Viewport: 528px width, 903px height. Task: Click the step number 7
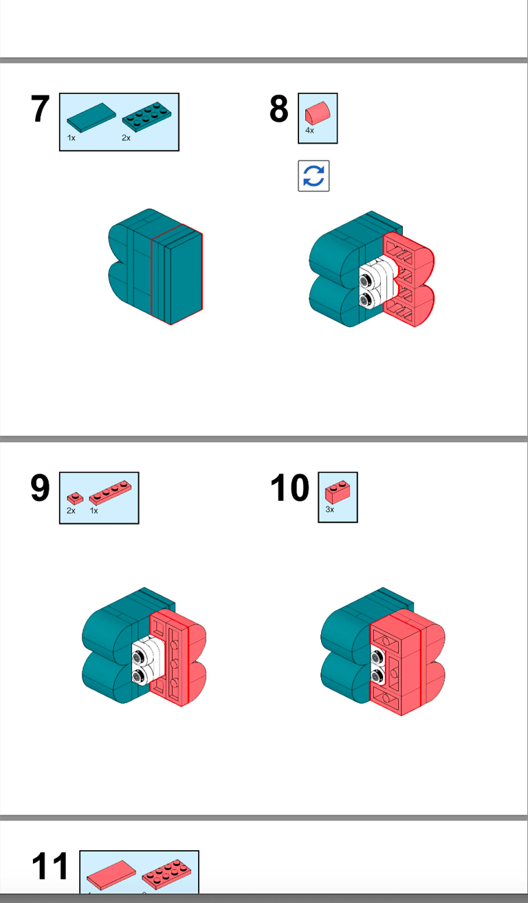coord(41,110)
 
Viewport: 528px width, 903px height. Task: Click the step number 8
coord(278,110)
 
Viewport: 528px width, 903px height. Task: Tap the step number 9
coord(41,489)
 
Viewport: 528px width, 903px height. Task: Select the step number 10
coord(289,489)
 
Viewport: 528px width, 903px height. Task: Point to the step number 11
coord(50,867)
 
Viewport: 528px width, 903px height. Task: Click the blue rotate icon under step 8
coord(313,176)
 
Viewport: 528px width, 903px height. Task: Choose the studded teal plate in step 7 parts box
coord(146,118)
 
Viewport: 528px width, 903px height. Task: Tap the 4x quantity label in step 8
coord(309,131)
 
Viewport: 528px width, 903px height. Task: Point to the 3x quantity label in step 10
coord(330,510)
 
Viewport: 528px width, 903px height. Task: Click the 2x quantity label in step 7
coord(126,138)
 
